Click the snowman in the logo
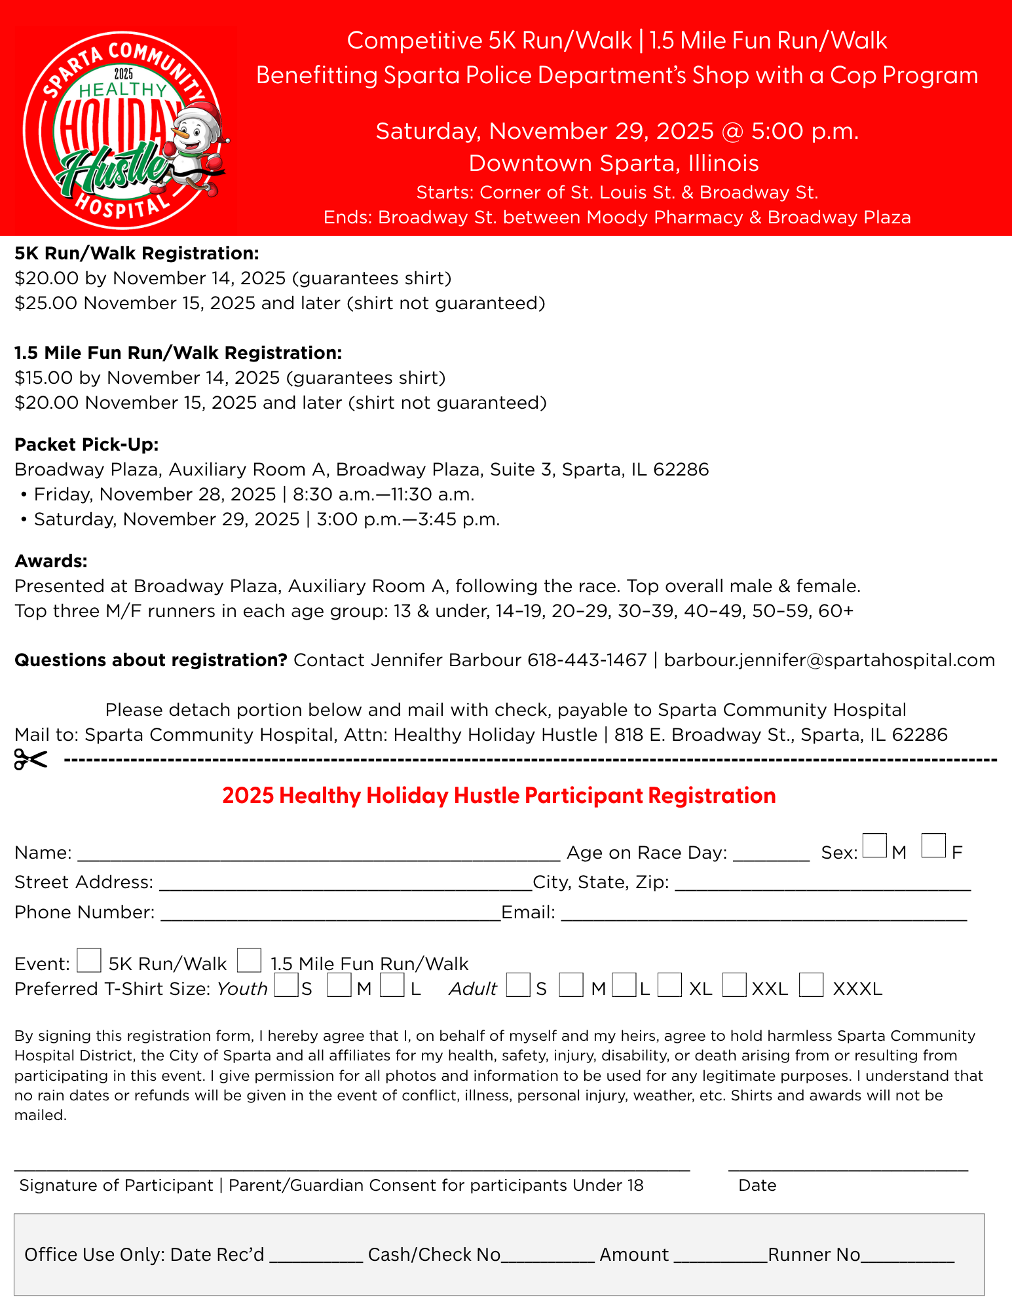coord(197,147)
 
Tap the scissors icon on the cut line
coord(31,760)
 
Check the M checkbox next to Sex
coord(874,845)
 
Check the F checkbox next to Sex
coord(933,845)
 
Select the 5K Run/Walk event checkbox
coord(89,960)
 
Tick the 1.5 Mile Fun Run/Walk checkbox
coord(249,960)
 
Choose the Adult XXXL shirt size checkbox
coord(811,984)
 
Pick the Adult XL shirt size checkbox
coord(669,984)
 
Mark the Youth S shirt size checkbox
coord(286,984)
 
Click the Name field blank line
coord(318,854)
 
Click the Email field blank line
coord(763,914)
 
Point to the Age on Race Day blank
coord(772,854)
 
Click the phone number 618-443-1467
coord(587,660)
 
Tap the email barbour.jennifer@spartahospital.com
coord(829,660)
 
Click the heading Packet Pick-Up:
coord(86,445)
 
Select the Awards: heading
coord(51,561)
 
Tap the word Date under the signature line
coord(757,1186)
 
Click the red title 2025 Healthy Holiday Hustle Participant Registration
coord(499,796)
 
